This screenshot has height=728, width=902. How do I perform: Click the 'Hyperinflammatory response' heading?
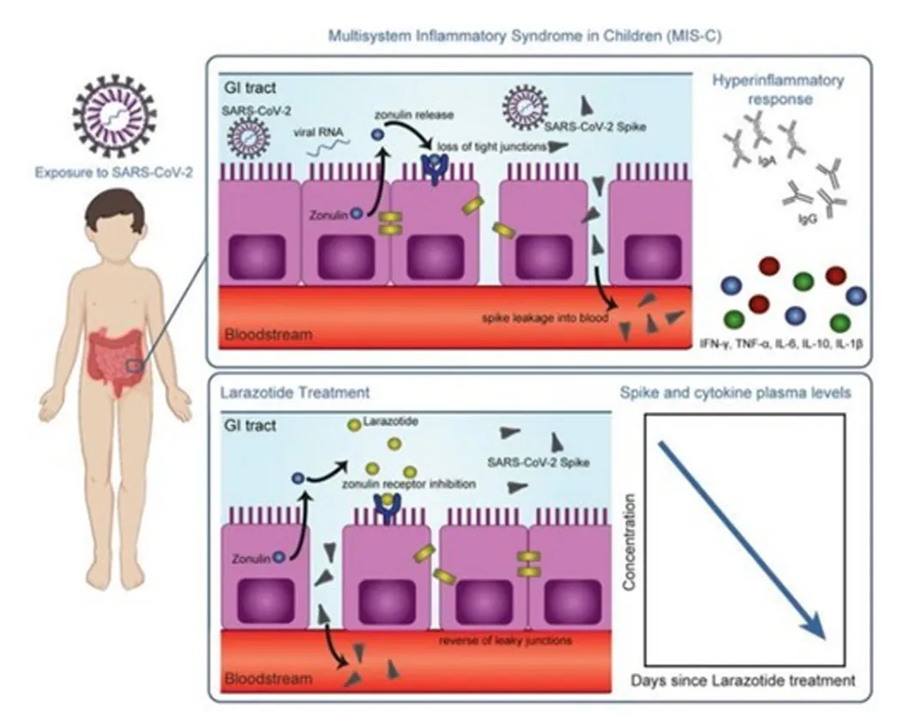pyautogui.click(x=779, y=89)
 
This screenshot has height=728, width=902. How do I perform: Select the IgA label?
pyautogui.click(x=765, y=159)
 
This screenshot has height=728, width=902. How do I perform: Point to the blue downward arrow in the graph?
pyautogui.click(x=741, y=539)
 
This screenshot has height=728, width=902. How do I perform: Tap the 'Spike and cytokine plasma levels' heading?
pyautogui.click(x=735, y=393)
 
